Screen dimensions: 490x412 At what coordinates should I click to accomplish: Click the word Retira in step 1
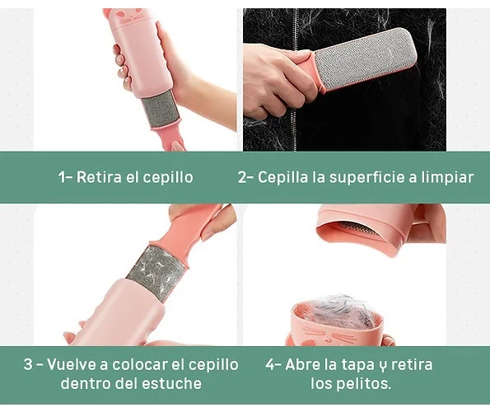pyautogui.click(x=99, y=177)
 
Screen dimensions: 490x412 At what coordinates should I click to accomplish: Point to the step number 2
pyautogui.click(x=243, y=177)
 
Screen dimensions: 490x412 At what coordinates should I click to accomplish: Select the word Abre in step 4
pyautogui.click(x=301, y=364)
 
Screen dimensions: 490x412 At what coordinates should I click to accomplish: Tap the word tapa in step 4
pyautogui.click(x=357, y=365)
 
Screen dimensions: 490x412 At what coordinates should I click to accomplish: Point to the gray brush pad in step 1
pyautogui.click(x=161, y=110)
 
